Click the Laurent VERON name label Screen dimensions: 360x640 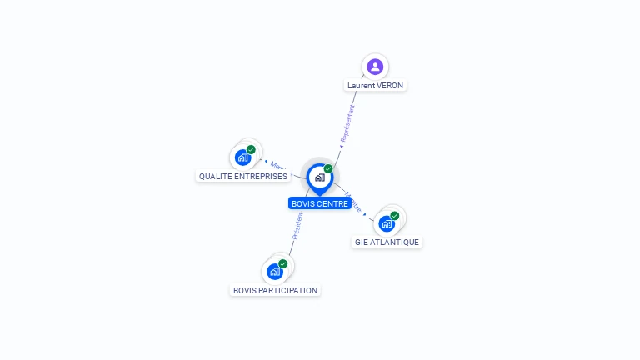(x=375, y=86)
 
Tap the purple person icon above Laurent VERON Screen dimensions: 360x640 (x=375, y=67)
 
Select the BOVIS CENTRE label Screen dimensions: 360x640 (x=320, y=203)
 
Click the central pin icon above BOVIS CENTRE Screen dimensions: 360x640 (x=319, y=177)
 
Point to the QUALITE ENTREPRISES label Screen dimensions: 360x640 (x=242, y=177)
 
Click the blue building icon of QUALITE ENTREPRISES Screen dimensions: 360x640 (x=242, y=157)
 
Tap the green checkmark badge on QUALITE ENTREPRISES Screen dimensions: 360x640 (x=251, y=149)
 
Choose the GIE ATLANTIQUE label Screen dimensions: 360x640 (x=387, y=242)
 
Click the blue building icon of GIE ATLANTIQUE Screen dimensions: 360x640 (x=386, y=223)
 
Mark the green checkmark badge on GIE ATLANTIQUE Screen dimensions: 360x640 (x=395, y=216)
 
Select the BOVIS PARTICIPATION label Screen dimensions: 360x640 (x=275, y=291)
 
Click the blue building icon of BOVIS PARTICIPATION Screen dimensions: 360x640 (x=274, y=272)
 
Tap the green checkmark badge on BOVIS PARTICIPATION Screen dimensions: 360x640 (x=283, y=263)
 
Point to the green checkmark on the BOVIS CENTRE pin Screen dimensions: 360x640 (x=328, y=168)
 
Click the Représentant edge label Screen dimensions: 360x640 (x=347, y=122)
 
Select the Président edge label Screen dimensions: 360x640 (x=297, y=226)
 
